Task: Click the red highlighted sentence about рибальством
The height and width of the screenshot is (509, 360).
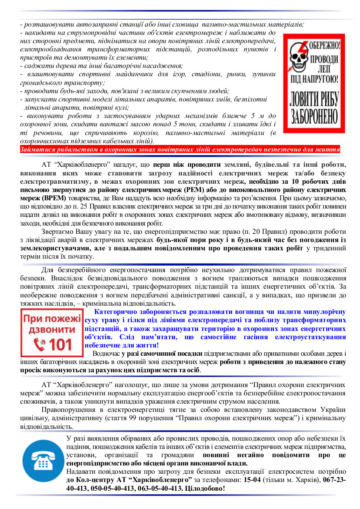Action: tap(180, 149)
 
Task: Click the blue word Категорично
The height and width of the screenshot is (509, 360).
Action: tap(118, 312)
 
